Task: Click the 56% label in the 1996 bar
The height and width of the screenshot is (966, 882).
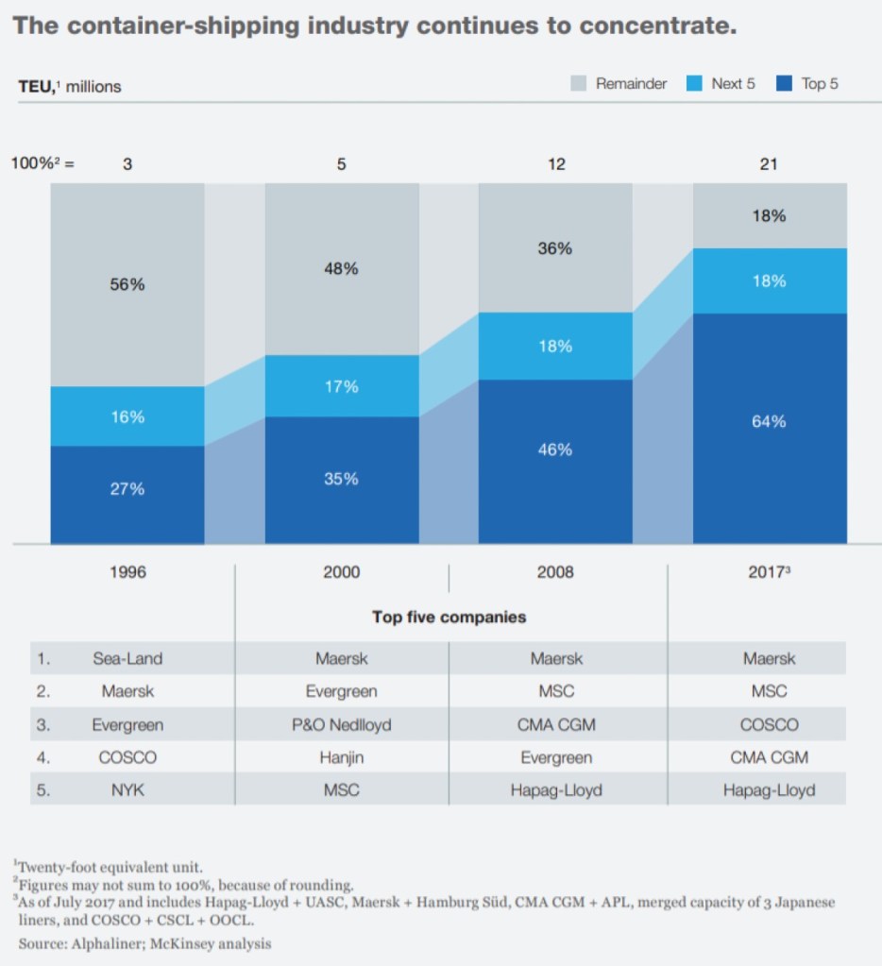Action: (x=127, y=284)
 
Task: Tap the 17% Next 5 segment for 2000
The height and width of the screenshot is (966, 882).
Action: (x=342, y=386)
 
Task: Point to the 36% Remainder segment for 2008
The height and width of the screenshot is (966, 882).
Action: (x=555, y=248)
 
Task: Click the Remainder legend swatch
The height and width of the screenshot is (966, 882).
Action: (x=579, y=84)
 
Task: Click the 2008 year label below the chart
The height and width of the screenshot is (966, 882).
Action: (x=555, y=572)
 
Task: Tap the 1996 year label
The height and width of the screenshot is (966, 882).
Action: (x=127, y=572)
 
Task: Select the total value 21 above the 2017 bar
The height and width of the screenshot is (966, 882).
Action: (x=769, y=164)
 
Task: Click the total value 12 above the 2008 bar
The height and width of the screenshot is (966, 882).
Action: (x=556, y=164)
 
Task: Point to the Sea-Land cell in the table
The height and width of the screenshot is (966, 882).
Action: (x=127, y=658)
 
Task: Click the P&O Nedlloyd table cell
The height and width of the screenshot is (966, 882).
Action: (x=342, y=725)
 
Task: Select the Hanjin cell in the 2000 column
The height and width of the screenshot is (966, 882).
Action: (x=342, y=757)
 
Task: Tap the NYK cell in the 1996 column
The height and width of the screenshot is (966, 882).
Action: (x=127, y=790)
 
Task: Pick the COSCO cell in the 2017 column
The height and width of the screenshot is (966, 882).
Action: (x=769, y=725)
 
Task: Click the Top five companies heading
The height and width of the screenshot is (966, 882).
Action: (x=449, y=618)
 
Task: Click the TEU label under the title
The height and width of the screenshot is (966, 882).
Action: (x=36, y=87)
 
